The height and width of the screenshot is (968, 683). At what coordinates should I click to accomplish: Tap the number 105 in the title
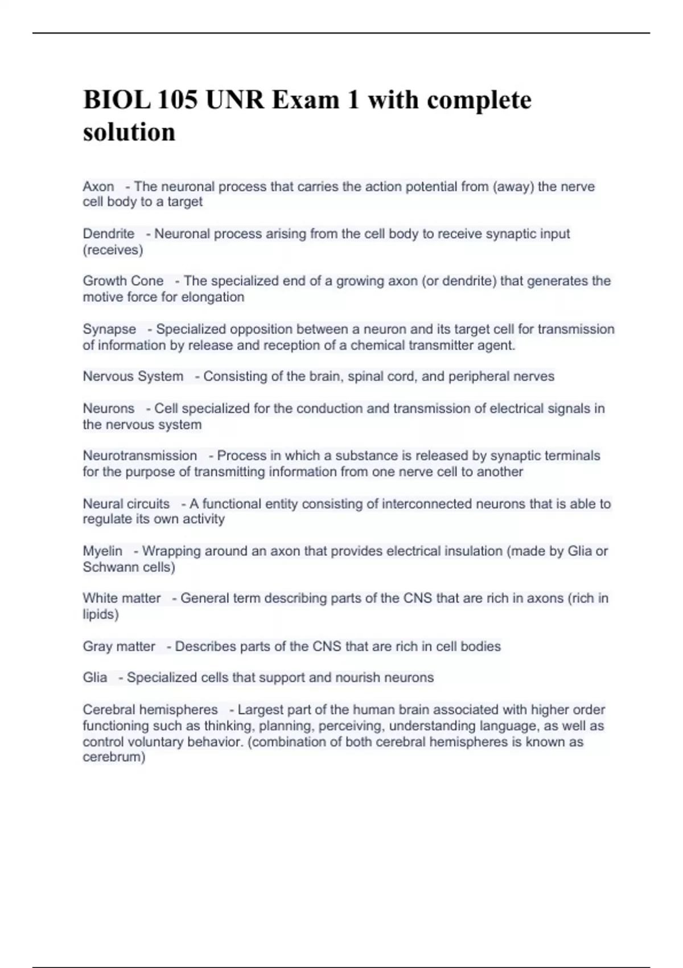[x=178, y=100]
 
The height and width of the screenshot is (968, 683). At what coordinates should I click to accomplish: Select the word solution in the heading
[x=129, y=132]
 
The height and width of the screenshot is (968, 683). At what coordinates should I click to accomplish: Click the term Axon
[x=98, y=187]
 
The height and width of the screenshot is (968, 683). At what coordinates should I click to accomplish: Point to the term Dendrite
[x=109, y=234]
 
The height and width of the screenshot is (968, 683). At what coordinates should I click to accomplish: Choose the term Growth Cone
[x=123, y=281]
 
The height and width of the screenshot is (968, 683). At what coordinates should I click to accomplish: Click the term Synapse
[x=109, y=329]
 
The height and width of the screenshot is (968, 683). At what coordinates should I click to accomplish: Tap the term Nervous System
[x=133, y=376]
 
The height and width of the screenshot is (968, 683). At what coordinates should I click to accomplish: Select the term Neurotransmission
[x=140, y=456]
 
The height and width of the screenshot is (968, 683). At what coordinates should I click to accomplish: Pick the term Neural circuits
[x=126, y=504]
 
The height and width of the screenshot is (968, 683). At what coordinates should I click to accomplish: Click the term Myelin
[x=102, y=551]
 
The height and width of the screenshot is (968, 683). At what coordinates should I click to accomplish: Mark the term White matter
[x=122, y=598]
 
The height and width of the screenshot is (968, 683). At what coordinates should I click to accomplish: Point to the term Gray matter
[x=119, y=647]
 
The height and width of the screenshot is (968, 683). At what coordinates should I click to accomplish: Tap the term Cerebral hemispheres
[x=150, y=710]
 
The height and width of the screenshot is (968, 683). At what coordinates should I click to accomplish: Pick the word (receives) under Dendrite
[x=113, y=250]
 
